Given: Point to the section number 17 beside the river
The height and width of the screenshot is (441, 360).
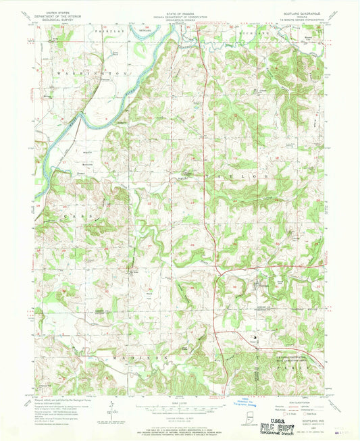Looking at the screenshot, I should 45,163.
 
